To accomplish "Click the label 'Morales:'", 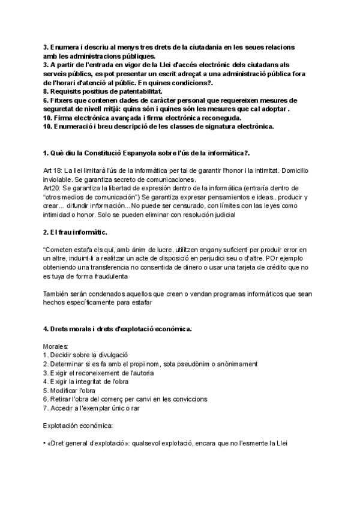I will click(x=56, y=347).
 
